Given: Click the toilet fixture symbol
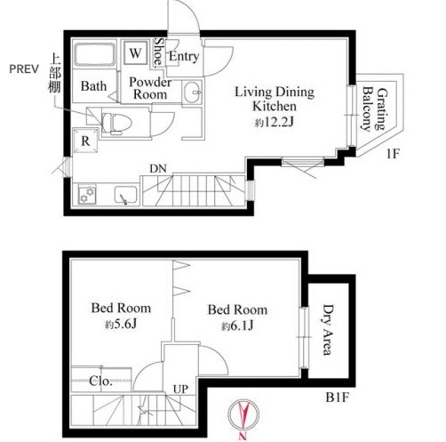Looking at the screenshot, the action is tap(116, 124).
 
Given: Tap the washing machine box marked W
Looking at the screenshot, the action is tap(135, 53).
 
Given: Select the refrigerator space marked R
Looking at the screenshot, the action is tap(85, 141).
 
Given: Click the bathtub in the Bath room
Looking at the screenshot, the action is tap(94, 55).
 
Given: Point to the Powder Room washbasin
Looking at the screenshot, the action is tap(192, 92).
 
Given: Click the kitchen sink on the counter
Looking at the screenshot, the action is tap(126, 196).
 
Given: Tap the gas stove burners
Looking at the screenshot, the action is tap(87, 195).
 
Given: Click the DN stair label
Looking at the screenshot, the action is tap(158, 168).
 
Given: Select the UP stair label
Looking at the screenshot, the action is tap(180, 389).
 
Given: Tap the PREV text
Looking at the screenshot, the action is tap(24, 69).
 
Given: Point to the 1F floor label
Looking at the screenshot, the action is tap(393, 154).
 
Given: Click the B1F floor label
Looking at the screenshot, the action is tap(337, 398).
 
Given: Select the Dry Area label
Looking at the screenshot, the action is tap(327, 329).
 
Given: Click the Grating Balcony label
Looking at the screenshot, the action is tap(375, 109).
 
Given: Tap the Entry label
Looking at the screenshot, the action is tap(184, 56).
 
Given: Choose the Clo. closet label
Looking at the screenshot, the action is tap(100, 381).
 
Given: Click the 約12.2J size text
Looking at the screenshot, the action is tap(275, 122).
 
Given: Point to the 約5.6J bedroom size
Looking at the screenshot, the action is tap(121, 325).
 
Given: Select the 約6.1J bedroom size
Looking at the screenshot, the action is tap(237, 326).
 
